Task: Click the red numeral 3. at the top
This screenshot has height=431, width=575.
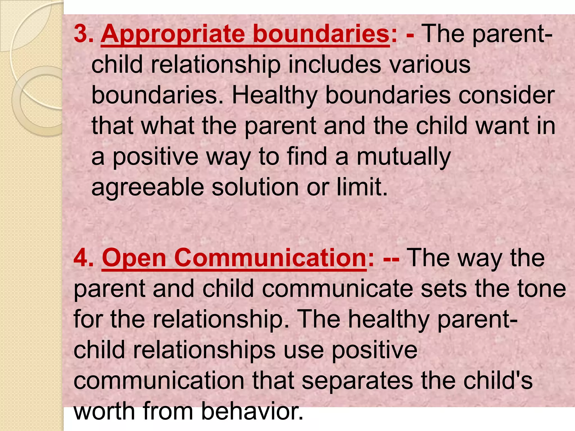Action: pos(83,34)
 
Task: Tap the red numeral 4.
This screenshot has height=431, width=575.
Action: pos(83,258)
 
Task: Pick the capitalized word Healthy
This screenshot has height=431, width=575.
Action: pos(274,95)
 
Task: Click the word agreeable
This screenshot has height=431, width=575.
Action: pos(148,187)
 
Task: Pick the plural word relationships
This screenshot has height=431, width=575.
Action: pos(204,350)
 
